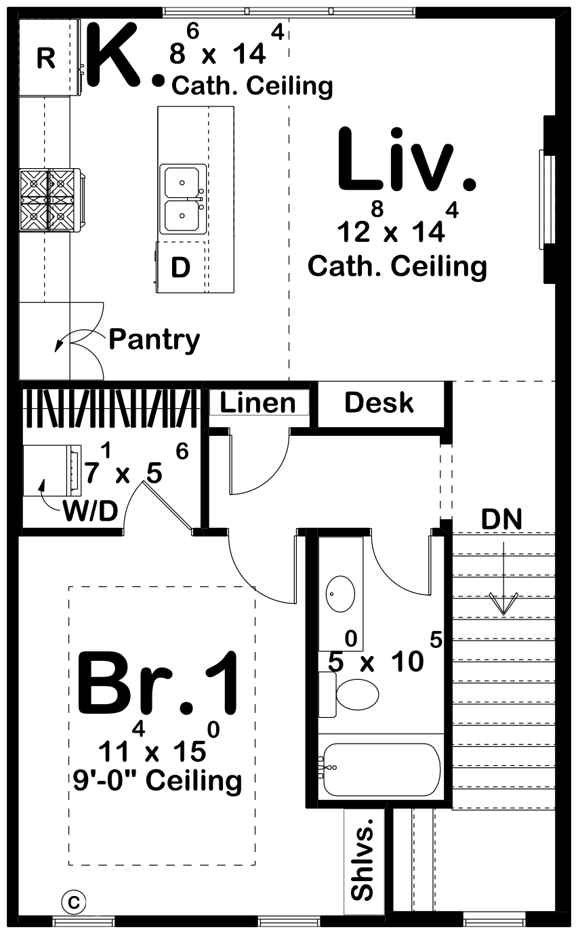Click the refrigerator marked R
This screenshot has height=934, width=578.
point(45,58)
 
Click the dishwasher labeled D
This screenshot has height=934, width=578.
point(180,268)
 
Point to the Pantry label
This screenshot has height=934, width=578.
point(154,340)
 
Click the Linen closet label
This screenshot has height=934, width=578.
point(258,403)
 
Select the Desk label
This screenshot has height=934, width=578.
point(379,403)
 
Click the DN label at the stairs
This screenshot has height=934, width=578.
point(501,520)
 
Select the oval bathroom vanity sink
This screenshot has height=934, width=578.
point(341,594)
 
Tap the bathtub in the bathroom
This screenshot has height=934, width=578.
point(381,769)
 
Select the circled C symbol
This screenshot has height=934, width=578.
point(74,901)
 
